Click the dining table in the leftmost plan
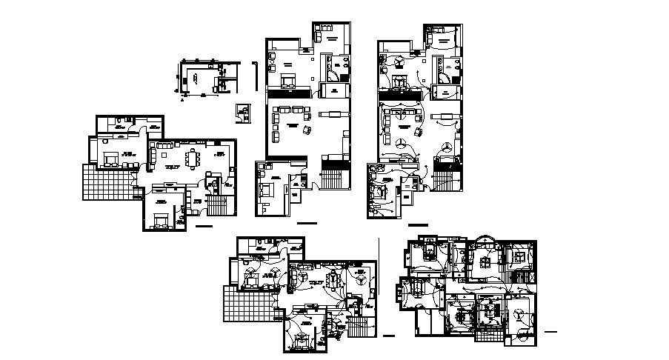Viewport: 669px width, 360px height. pos(195,159)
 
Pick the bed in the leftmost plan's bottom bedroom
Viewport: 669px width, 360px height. pos(159,219)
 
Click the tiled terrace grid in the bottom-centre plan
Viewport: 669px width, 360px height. pos(249,305)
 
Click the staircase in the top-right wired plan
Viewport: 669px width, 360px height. pos(447,179)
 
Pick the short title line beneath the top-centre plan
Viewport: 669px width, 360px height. pos(305,223)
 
